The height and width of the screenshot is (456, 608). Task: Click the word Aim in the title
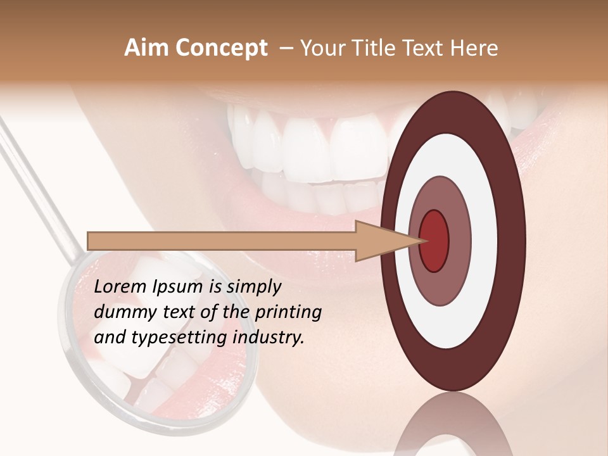tap(146, 48)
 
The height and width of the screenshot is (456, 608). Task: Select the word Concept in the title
tap(221, 48)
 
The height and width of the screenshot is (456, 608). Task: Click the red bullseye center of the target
tap(434, 241)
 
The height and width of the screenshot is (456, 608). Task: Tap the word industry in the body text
tap(269, 338)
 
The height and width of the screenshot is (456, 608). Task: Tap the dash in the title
tap(286, 48)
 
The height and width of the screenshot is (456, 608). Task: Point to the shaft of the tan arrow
tap(222, 241)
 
